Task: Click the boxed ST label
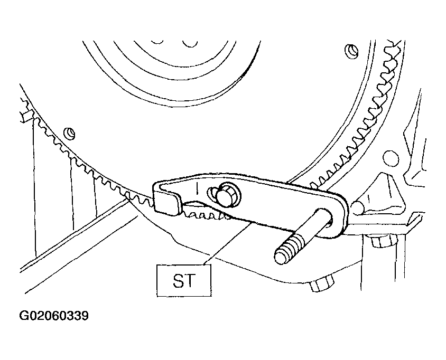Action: click(184, 280)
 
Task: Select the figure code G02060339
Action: click(54, 316)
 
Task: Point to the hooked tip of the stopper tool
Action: click(168, 202)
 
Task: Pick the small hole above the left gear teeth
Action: click(69, 133)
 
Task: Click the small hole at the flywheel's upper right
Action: click(351, 51)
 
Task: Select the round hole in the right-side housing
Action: click(391, 158)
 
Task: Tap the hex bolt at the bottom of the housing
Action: click(322, 283)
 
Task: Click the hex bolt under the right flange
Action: click(383, 241)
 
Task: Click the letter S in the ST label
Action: click(179, 281)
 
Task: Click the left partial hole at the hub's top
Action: click(157, 42)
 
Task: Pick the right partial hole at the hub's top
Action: click(190, 43)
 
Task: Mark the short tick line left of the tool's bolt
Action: click(197, 188)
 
